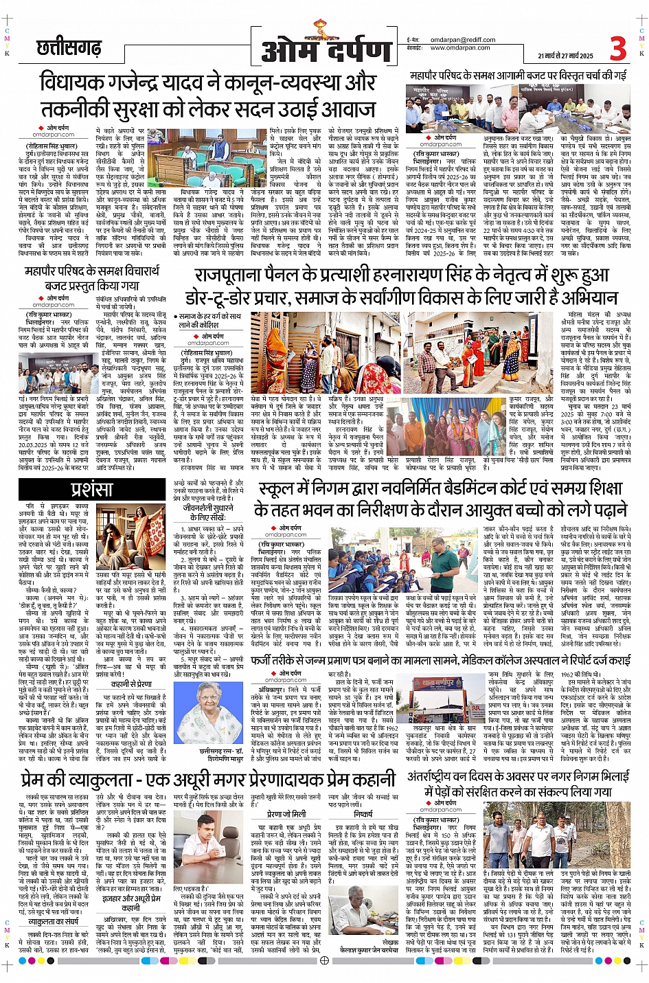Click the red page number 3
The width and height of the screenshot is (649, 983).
617,49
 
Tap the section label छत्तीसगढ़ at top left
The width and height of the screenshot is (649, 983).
69,48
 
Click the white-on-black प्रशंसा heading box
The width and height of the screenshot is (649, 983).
91,488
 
